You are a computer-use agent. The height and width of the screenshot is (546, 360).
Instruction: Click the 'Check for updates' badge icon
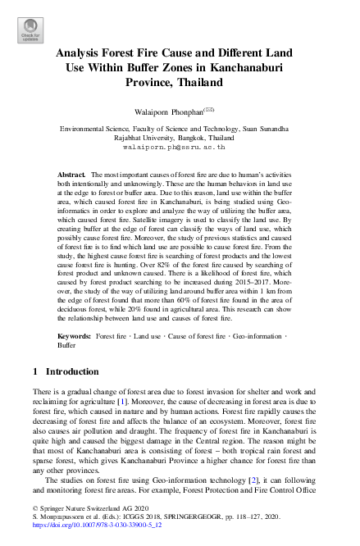pyautogui.click(x=30, y=30)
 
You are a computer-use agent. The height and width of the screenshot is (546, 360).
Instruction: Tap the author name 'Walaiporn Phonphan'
pyautogui.click(x=171, y=110)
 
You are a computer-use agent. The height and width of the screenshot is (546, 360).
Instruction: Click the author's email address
pyautogui.click(x=180, y=148)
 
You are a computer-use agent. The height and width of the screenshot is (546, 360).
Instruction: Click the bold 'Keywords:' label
pyautogui.click(x=75, y=336)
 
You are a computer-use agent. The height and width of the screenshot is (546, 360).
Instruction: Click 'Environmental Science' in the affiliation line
pyautogui.click(x=97, y=130)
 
